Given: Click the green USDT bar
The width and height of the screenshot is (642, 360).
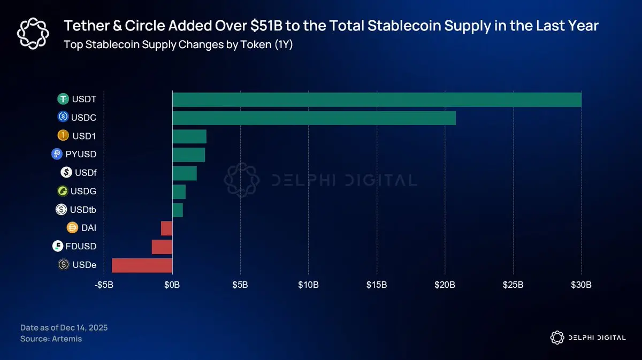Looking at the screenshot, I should point(377,99).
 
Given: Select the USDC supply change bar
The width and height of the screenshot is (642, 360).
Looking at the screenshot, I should point(314,118).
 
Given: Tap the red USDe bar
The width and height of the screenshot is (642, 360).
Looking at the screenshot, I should point(142,265).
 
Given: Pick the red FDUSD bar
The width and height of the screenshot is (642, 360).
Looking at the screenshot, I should point(162,247).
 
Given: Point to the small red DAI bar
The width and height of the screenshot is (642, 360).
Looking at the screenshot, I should point(166,228).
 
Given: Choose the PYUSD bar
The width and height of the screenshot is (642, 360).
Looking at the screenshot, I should point(188,155).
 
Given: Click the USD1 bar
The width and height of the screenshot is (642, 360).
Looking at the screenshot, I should point(189,136).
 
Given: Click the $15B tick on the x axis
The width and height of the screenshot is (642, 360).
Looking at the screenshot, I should point(377,284).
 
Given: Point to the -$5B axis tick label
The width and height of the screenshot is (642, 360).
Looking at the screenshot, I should point(104,284).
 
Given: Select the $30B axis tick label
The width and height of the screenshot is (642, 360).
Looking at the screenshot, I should point(581,284).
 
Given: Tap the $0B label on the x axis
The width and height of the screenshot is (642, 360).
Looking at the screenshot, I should point(172,284).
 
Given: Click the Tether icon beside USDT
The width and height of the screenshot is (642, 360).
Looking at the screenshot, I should point(64,99).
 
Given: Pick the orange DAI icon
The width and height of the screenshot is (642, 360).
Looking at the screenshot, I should point(73,228).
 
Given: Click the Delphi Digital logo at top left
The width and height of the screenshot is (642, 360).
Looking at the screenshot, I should point(33,33).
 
